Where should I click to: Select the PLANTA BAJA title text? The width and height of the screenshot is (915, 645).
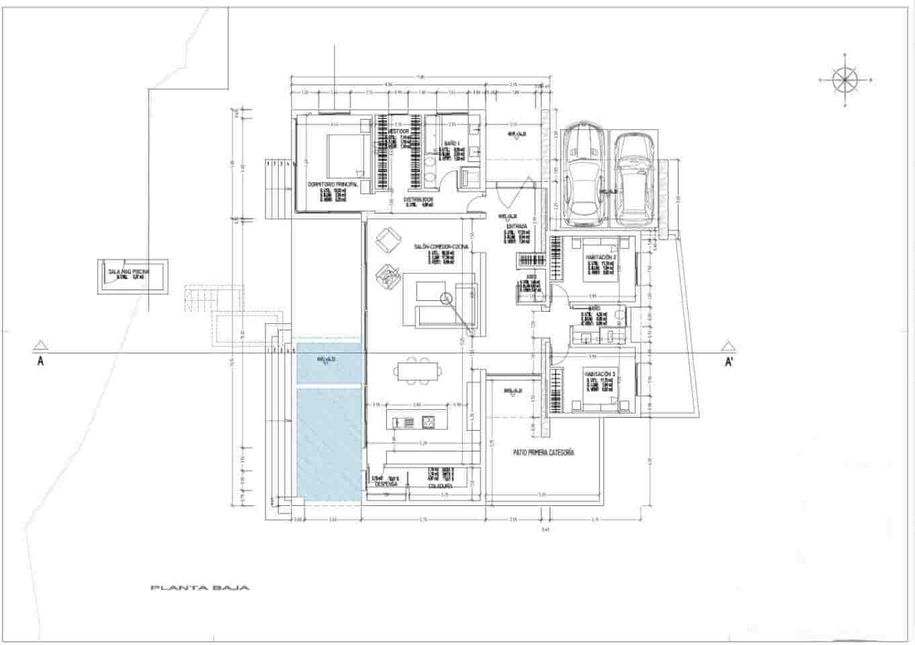tap(200, 588)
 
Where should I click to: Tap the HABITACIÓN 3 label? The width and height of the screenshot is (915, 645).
tap(601, 373)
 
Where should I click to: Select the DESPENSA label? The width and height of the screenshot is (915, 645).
tap(386, 484)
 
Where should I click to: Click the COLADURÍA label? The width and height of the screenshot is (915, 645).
tap(440, 485)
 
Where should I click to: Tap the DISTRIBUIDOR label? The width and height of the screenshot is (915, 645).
tap(418, 200)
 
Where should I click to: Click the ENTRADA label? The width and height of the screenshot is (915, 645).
tap(517, 226)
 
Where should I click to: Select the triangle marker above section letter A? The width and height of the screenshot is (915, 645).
tap(41, 346)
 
